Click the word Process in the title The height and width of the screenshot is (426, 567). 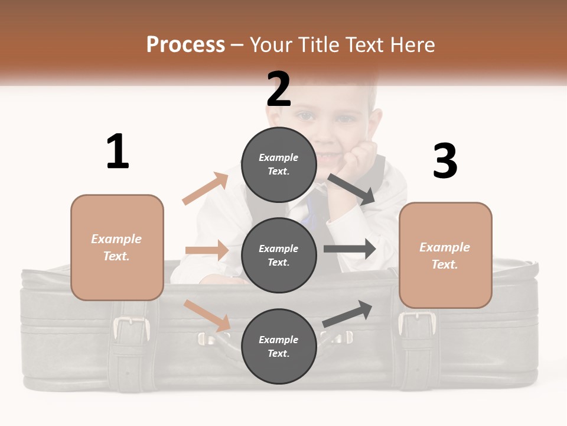[x=185, y=45]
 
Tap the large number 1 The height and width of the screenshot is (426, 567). [x=118, y=151]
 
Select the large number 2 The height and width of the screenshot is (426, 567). [x=279, y=89]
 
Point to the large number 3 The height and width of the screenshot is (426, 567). [x=445, y=161]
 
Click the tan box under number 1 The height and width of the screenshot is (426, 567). [x=117, y=247]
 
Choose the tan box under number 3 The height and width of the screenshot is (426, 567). [x=445, y=255]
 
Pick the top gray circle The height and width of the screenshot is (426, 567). [x=279, y=164]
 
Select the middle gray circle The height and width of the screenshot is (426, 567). [x=279, y=255]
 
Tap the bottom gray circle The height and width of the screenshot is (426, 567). [x=279, y=346]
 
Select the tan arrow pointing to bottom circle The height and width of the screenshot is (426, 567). [x=207, y=315]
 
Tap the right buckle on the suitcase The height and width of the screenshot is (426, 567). [x=417, y=324]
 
